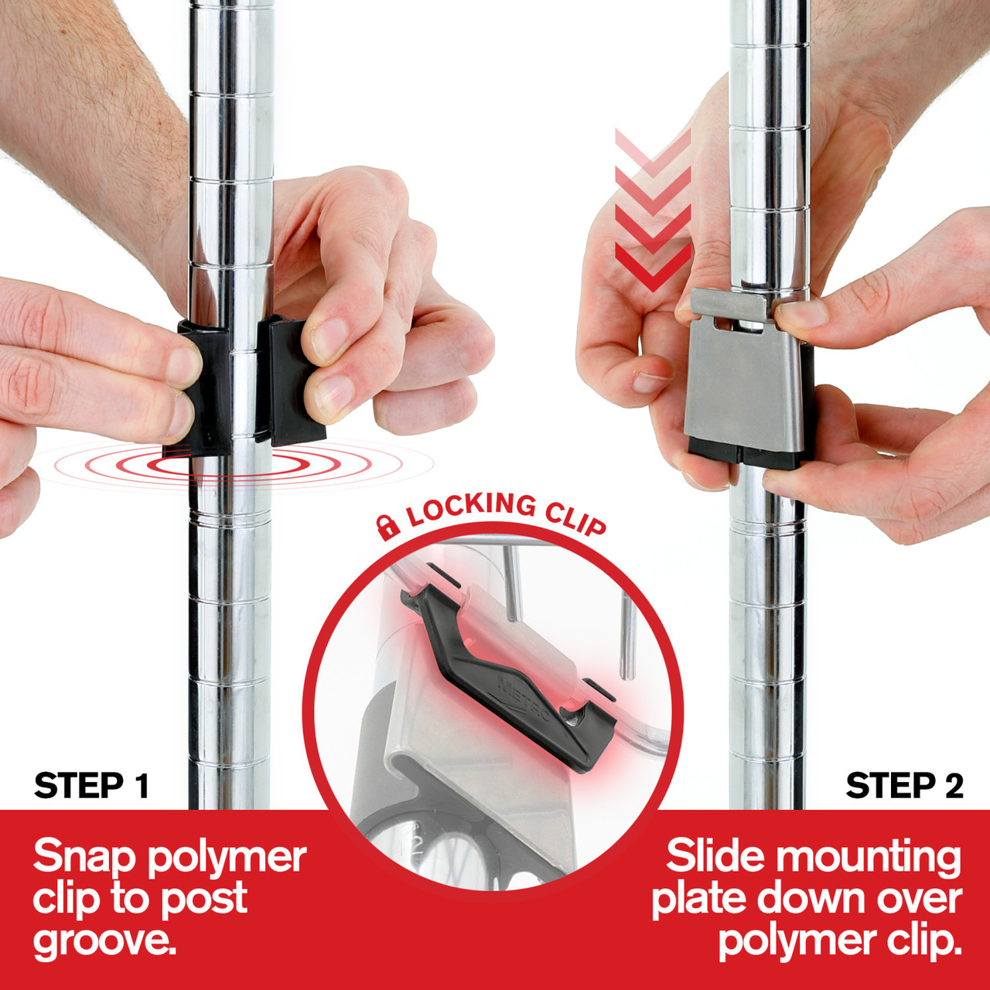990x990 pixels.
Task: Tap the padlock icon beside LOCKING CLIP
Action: (387, 527)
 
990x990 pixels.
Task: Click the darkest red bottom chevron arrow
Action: (653, 267)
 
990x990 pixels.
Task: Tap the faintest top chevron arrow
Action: (653, 152)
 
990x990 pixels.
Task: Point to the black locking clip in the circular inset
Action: (509, 683)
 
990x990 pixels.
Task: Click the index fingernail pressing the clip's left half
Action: (183, 366)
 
